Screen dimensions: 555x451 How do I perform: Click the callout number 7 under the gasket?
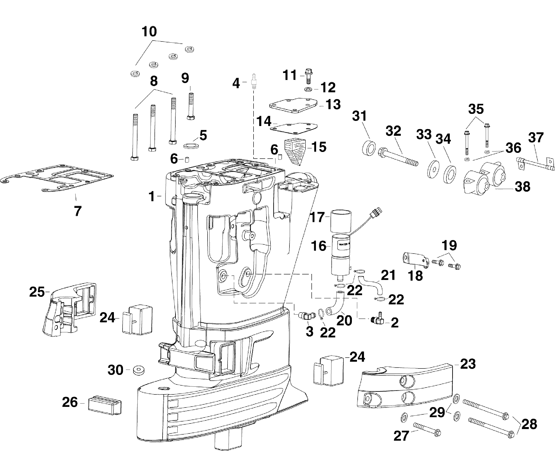coord(78,211)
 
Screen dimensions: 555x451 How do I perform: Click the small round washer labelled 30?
coord(139,370)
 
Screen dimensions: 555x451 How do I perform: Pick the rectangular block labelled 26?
coord(105,405)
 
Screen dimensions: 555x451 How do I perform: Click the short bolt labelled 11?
coord(308,76)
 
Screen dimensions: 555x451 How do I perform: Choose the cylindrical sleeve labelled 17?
coord(341,221)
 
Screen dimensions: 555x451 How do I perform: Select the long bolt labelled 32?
coord(398,157)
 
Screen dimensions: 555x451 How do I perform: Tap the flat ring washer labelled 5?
coord(192,146)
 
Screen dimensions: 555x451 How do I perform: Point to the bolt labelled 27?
coord(427,431)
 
